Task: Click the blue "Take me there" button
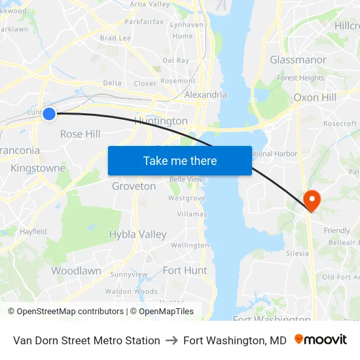[180, 160]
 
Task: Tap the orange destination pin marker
[312, 200]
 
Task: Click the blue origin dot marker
[48, 113]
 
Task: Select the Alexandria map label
[206, 94]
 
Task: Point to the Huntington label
[160, 121]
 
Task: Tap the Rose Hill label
[80, 134]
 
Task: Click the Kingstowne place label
[38, 168]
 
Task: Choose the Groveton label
[134, 186]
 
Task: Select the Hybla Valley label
[137, 234]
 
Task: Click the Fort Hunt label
[185, 270]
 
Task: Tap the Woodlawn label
[76, 270]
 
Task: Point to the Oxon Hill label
[315, 97]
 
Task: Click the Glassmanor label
[298, 60]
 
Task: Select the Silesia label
[297, 253]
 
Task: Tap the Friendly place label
[337, 230]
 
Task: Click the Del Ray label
[175, 60]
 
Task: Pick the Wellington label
[189, 245]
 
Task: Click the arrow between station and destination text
[171, 340]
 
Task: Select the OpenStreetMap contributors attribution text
[65, 312]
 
